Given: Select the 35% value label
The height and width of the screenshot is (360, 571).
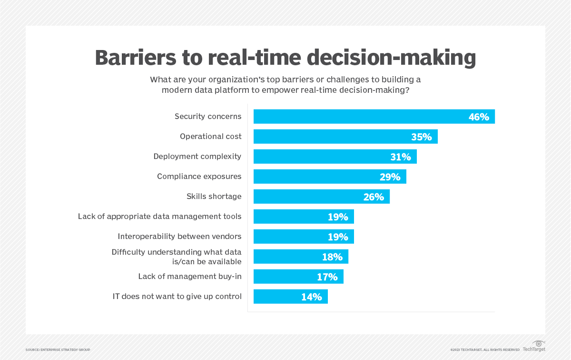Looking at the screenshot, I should (x=421, y=137).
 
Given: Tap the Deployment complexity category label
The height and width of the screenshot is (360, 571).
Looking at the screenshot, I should (x=197, y=156).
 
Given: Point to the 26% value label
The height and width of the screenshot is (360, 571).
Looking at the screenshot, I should (x=374, y=197).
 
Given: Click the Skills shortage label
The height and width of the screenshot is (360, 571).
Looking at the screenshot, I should (x=214, y=196).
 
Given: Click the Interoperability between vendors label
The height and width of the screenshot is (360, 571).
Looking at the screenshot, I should (x=179, y=236).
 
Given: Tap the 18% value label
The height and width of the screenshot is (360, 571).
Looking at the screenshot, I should (x=332, y=257).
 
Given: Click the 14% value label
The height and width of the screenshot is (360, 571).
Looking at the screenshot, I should (x=311, y=297).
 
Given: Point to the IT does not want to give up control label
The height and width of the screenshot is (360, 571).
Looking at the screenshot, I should (x=177, y=296).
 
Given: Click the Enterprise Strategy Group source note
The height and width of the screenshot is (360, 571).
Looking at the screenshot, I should (x=58, y=350).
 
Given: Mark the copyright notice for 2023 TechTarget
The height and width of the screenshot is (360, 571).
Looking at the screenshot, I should (x=485, y=350).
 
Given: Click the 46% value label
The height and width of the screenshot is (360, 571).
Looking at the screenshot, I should (x=479, y=117).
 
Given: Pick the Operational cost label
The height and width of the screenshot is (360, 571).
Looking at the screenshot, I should (x=210, y=136).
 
